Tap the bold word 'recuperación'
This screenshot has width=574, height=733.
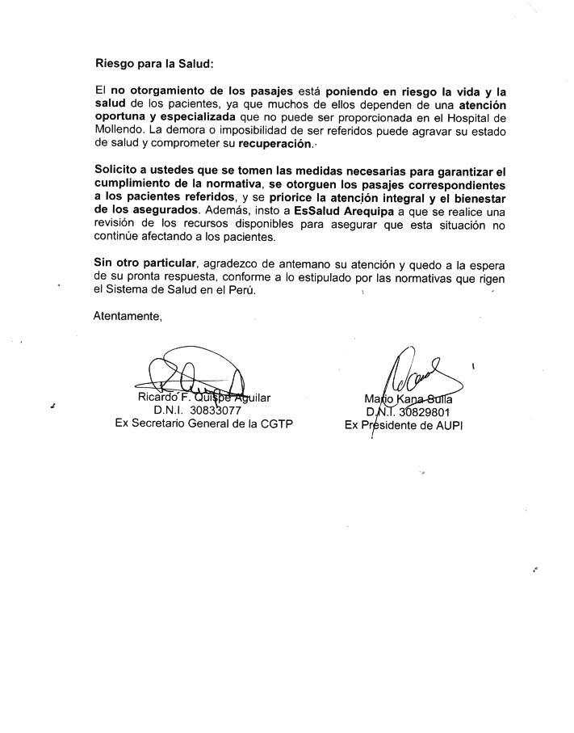coord(274,143)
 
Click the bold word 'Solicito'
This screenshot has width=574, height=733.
coord(115,171)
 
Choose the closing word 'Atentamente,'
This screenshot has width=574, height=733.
coord(128,316)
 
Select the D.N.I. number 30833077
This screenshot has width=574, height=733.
coord(216,411)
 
